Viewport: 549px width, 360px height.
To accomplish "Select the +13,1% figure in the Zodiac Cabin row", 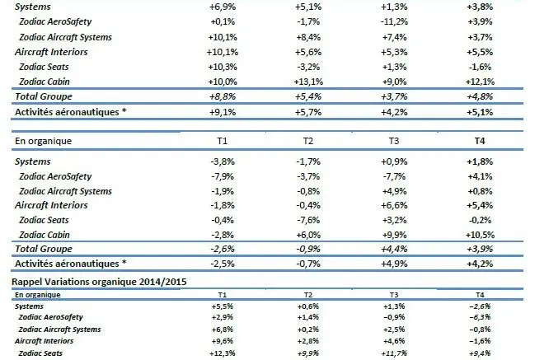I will pos(307,80).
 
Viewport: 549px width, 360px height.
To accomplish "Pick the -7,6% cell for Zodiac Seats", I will pos(307,219).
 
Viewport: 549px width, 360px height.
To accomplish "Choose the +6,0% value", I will pos(307,233).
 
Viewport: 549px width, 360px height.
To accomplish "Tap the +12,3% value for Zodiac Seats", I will pos(221,353).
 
